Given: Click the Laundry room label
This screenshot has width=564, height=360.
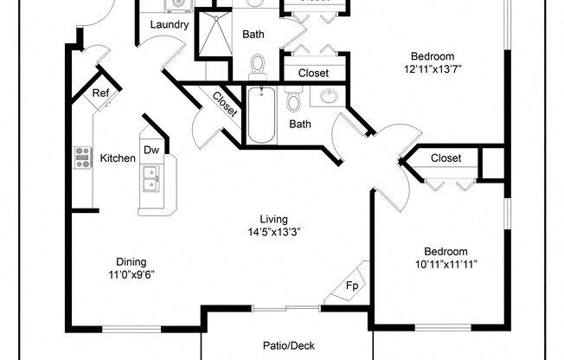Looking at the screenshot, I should tap(169, 25).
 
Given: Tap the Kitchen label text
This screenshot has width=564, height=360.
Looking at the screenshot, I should tap(117, 158).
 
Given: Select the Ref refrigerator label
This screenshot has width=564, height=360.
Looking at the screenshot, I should tap(99, 93).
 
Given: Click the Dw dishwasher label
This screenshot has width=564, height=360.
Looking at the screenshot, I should tap(151, 150).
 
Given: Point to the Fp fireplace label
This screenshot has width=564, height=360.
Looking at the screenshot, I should tap(352, 284).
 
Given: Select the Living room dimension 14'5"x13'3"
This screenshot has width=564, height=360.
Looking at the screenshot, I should tap(274, 232).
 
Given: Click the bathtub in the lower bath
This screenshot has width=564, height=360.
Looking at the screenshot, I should tap(260, 117).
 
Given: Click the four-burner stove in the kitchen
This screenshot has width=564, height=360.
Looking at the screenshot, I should tap(84, 157).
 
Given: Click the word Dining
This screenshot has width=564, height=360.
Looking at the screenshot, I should tap(131, 262).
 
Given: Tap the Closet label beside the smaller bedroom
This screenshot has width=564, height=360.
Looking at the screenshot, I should tap(445, 158).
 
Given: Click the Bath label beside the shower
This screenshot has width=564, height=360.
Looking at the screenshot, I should tap(253, 35).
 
